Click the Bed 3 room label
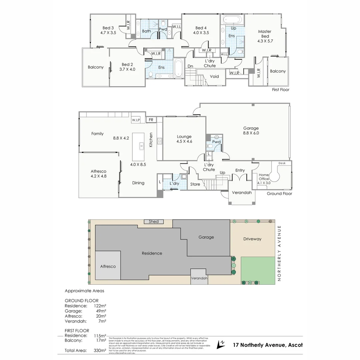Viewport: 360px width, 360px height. click(x=108, y=28)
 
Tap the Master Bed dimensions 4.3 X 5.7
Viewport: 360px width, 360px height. click(x=265, y=41)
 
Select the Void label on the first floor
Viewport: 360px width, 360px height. click(x=214, y=76)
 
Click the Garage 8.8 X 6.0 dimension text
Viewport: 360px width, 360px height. click(x=251, y=133)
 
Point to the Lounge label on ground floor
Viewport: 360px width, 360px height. click(x=184, y=136)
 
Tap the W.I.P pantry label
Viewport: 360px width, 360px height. click(x=136, y=120)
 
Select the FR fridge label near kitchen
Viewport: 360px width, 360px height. click(x=151, y=120)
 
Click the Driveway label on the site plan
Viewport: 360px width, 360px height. click(x=252, y=239)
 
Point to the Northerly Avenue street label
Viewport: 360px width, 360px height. click(x=279, y=253)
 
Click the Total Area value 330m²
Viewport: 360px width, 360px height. click(x=100, y=350)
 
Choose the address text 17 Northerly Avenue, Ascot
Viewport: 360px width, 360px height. click(x=268, y=345)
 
